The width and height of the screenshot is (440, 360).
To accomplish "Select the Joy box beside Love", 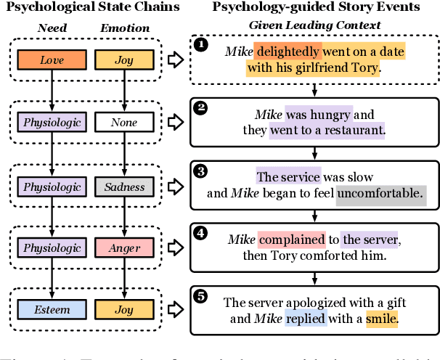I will click(x=124, y=60).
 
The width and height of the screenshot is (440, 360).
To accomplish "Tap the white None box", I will click(x=124, y=123).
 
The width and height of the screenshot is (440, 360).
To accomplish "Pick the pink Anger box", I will click(x=124, y=248).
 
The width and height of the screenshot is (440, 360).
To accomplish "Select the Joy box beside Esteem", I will click(x=124, y=310).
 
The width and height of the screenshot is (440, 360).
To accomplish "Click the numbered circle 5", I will click(x=201, y=295).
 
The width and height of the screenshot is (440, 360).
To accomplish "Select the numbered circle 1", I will click(x=201, y=45).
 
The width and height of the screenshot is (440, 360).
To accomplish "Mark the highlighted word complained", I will click(x=291, y=239).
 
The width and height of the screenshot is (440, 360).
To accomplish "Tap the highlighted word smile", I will click(x=383, y=318).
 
